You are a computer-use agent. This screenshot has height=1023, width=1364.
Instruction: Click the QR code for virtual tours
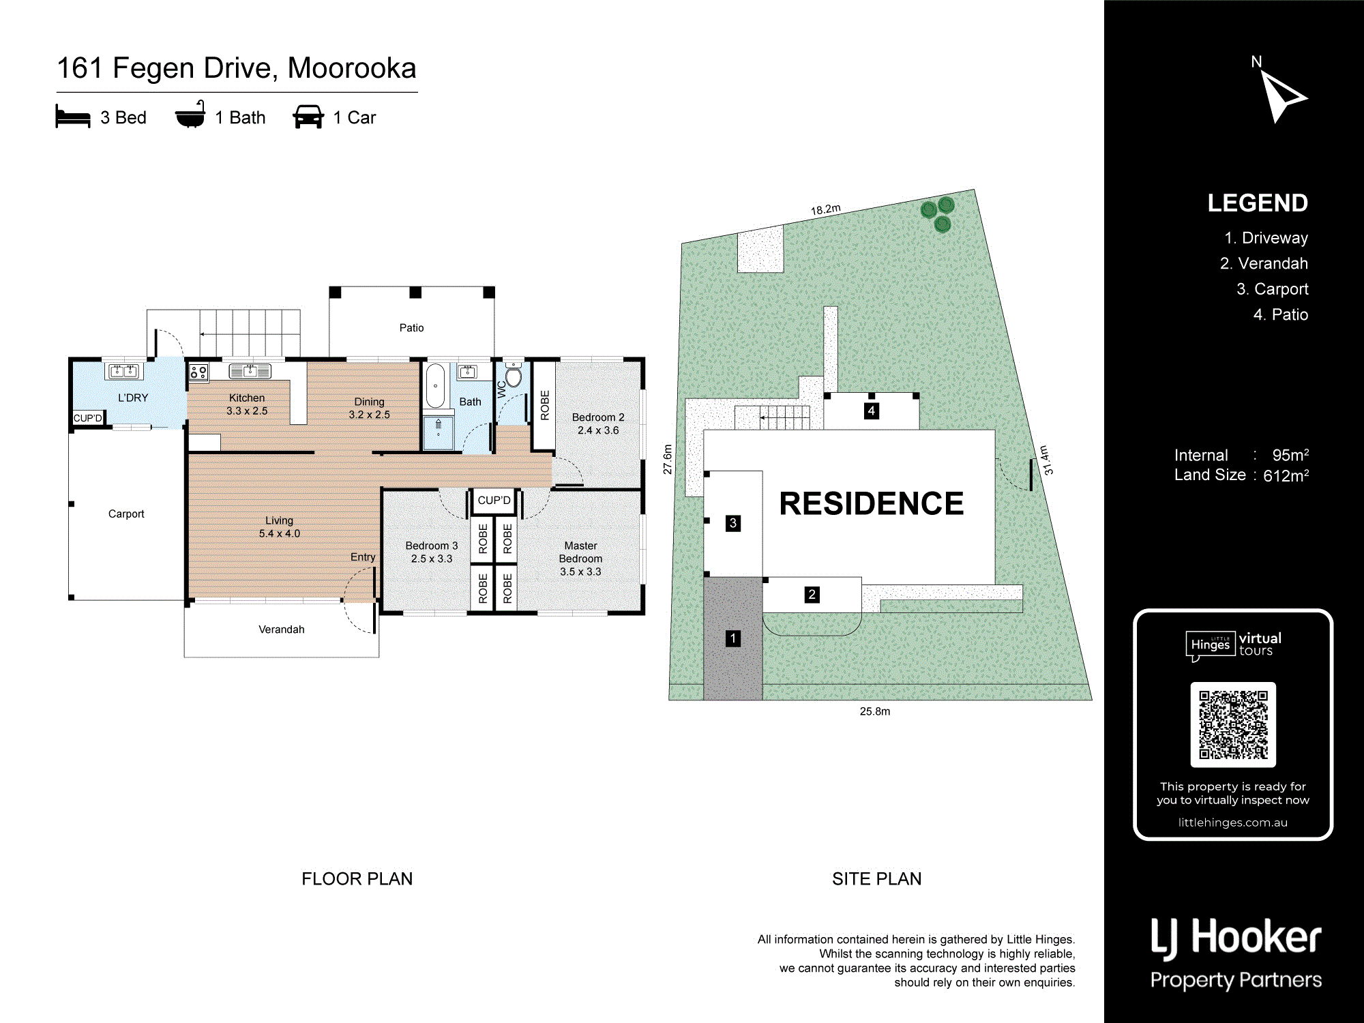click(1233, 724)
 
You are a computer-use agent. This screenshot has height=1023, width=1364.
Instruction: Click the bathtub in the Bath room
click(435, 385)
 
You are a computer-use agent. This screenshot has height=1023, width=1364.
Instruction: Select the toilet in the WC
click(513, 376)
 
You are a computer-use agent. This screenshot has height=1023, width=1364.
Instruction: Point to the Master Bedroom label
click(580, 559)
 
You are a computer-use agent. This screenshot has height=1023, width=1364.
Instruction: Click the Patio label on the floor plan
click(411, 328)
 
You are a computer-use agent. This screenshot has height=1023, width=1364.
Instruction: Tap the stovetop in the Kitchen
click(198, 372)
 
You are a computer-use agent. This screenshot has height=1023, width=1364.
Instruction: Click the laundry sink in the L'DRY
click(124, 371)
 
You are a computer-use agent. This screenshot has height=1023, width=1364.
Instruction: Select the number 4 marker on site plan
click(871, 411)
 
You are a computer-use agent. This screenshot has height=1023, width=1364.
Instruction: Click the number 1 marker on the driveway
click(732, 638)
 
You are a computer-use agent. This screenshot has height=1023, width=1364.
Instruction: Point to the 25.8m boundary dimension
click(874, 711)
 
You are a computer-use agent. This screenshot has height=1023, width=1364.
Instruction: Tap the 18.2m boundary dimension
click(825, 209)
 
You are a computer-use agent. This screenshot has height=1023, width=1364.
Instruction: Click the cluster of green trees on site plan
click(938, 213)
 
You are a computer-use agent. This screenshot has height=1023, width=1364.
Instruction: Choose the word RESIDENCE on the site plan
click(871, 504)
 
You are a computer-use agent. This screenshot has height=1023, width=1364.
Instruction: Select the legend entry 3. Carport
click(1272, 289)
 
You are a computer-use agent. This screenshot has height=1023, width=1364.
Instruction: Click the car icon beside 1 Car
click(308, 117)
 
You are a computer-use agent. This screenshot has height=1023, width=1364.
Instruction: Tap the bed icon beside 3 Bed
click(73, 117)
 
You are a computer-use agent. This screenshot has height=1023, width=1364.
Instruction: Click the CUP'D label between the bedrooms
click(494, 501)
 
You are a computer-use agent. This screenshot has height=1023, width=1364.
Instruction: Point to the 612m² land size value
click(1286, 476)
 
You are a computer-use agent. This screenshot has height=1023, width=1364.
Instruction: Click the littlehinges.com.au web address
click(1232, 822)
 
